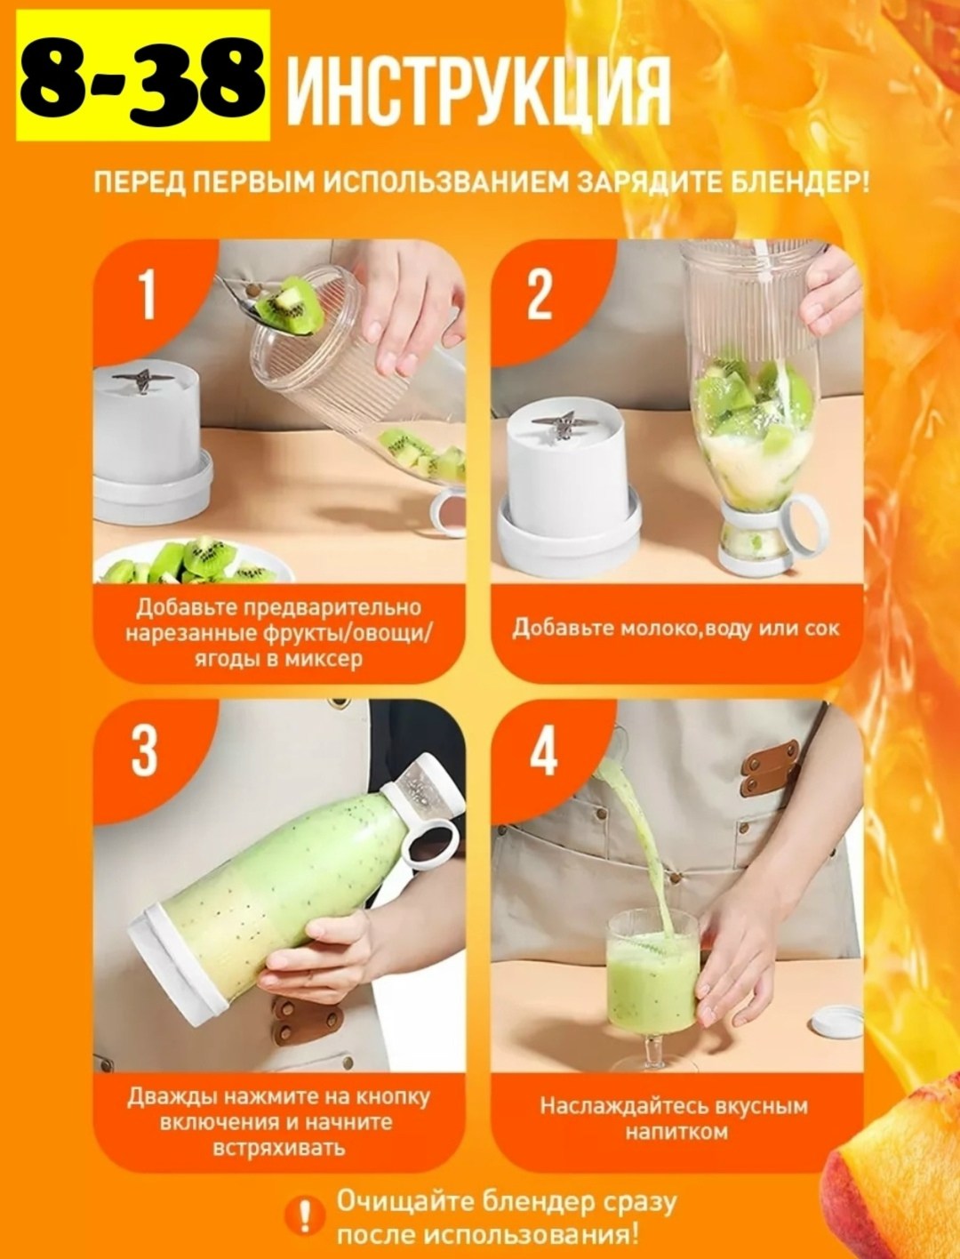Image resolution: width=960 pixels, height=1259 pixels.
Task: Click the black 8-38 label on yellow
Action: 143,76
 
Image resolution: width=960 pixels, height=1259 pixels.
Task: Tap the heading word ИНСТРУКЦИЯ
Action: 479,91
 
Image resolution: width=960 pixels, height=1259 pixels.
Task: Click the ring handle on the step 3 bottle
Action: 430,842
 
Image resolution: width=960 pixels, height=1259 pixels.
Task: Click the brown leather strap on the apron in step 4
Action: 770,768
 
